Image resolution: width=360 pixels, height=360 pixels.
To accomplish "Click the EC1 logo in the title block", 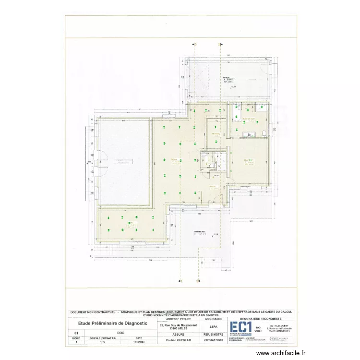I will (x=240, y=327).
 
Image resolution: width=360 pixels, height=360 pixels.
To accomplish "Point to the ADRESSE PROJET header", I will (x=178, y=318).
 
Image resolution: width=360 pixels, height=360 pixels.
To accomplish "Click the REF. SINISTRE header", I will (x=213, y=334).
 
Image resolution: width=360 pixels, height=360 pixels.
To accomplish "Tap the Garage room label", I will (x=226, y=77).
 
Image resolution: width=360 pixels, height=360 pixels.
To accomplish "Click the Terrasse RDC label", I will (x=200, y=231).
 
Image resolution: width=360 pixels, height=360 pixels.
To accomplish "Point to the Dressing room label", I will (x=216, y=134).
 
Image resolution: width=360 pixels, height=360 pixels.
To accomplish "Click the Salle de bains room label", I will (x=249, y=119).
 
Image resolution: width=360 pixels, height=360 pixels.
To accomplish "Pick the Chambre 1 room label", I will (x=249, y=160).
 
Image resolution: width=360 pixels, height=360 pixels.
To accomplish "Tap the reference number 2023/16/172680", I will (x=213, y=339).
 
